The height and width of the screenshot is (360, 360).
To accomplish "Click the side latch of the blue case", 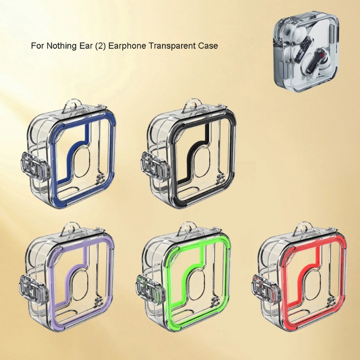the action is (36, 166).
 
